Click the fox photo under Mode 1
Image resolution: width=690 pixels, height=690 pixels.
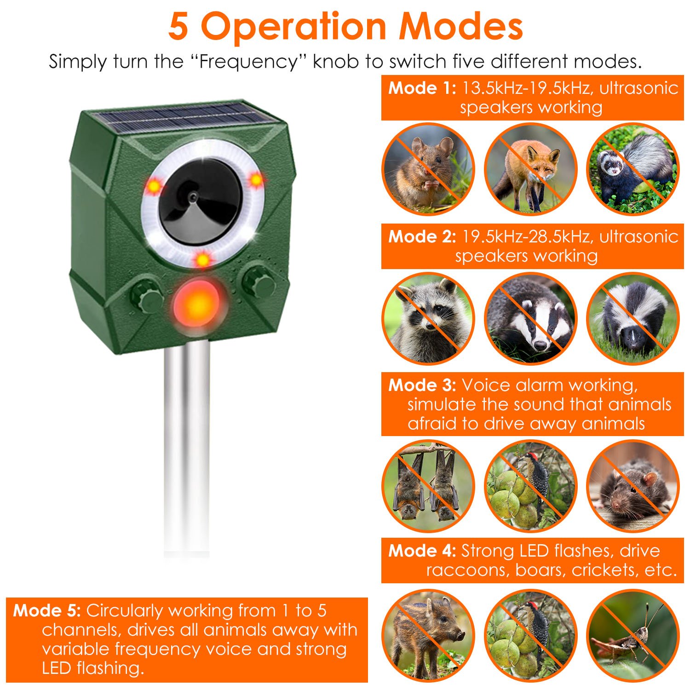pos(530,169)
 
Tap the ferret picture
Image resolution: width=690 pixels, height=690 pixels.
pos(632,169)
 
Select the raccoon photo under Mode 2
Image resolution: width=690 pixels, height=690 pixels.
pos(428,318)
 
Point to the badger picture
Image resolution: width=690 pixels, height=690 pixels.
pos(530,318)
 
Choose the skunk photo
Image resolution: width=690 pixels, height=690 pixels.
pos(632,318)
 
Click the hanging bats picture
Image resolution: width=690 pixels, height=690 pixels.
pos(428,486)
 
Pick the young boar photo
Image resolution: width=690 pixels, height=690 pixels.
pos(428,635)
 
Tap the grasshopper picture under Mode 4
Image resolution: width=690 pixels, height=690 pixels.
pos(632,635)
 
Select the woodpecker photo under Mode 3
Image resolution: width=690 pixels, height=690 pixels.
pos(530,486)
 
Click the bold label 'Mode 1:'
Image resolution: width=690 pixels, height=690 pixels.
pos(422,88)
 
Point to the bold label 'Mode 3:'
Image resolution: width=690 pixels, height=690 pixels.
pos(422,385)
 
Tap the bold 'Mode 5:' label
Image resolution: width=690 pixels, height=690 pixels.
pos(47,610)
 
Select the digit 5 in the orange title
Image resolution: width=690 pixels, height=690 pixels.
pos(178,27)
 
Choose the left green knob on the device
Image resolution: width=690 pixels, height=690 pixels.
pos(146,298)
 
